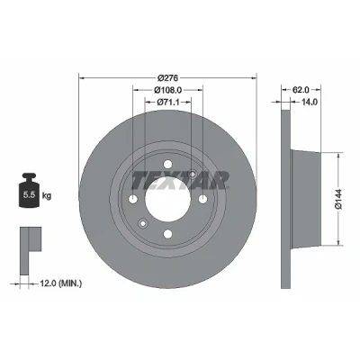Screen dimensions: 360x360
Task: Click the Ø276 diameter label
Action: [x=167, y=78]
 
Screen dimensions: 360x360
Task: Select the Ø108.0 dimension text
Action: [x=168, y=90]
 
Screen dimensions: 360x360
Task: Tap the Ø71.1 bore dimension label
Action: [x=168, y=102]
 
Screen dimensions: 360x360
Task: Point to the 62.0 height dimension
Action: [x=301, y=89]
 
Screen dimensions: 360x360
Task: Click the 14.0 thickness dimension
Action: [x=309, y=102]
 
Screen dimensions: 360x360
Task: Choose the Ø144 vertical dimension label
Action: [x=338, y=199]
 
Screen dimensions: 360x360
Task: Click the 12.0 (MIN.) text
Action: [x=60, y=283]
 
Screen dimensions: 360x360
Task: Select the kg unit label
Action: [x=47, y=196]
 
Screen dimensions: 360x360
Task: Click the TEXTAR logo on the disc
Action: [x=180, y=181]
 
